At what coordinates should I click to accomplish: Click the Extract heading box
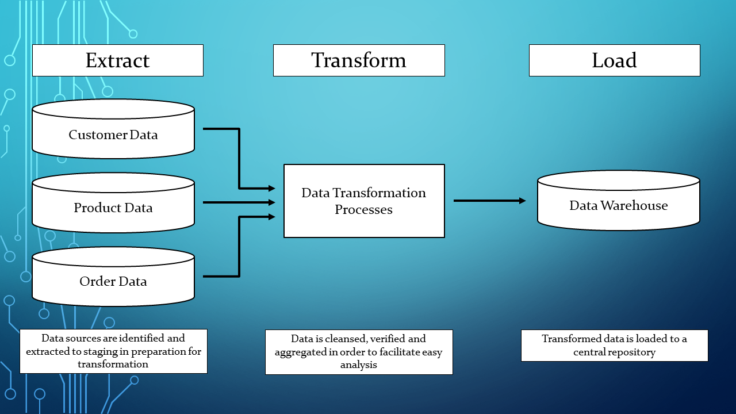pyautogui.click(x=117, y=60)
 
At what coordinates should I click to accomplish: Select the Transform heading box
pyautogui.click(x=359, y=60)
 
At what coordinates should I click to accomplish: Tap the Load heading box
pyautogui.click(x=614, y=60)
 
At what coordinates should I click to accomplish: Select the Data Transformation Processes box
pyautogui.click(x=364, y=201)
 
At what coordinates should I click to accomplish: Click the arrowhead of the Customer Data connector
pyautogui.click(x=272, y=188)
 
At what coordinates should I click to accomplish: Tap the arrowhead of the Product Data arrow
pyautogui.click(x=272, y=202)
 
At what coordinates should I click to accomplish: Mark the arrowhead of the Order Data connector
pyautogui.click(x=272, y=217)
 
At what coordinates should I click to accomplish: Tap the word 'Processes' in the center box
pyautogui.click(x=364, y=210)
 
